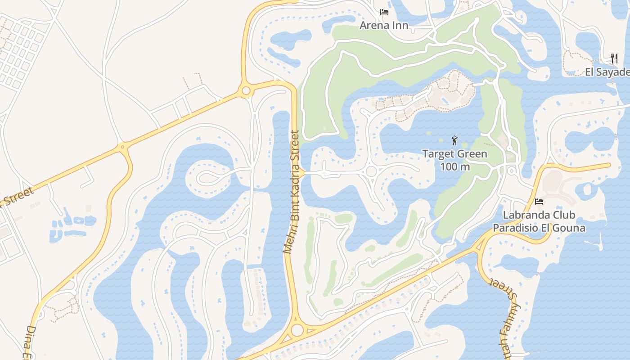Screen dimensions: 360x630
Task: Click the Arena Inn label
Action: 384,25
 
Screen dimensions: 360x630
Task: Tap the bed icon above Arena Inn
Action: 384,12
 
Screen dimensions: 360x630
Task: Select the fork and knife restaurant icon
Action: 614,58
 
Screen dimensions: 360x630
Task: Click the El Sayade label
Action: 607,72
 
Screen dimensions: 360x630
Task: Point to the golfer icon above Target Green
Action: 454,140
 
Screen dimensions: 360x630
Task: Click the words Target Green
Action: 454,154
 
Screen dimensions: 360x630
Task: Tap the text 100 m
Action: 455,166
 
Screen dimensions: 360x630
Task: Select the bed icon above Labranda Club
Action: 539,202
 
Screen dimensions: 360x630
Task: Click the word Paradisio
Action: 517,228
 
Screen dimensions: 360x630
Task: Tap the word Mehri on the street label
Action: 288,242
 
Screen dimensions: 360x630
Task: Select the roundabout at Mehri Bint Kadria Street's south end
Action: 297,330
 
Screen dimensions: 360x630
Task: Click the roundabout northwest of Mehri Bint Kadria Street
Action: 246,91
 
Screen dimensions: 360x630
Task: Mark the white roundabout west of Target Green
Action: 371,171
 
